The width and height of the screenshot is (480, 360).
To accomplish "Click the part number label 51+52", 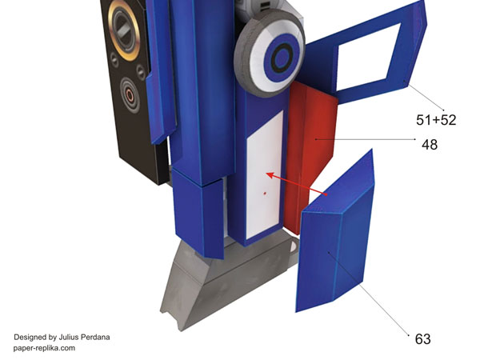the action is (436, 120).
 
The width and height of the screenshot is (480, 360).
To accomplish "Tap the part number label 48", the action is (430, 145).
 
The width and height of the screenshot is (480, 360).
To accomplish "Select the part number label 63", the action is (422, 339).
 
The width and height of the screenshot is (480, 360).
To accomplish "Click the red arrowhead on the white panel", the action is (271, 176).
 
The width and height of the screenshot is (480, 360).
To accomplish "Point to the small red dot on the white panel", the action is (265, 193).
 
